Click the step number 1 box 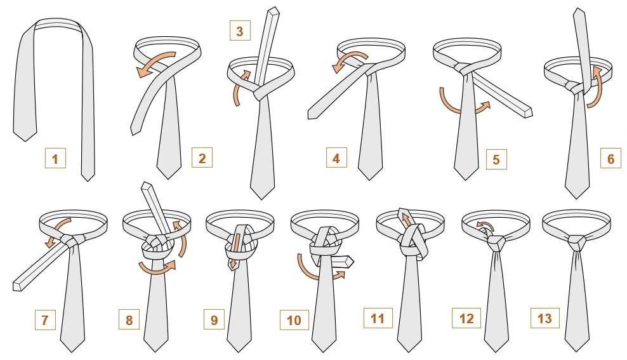55,158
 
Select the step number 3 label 240,30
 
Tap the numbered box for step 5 496,159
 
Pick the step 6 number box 610,158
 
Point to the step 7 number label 45,319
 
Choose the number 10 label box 294,319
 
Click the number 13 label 544,318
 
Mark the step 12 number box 466,318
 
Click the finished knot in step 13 577,243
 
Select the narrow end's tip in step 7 16,286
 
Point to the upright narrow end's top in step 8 147,185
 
